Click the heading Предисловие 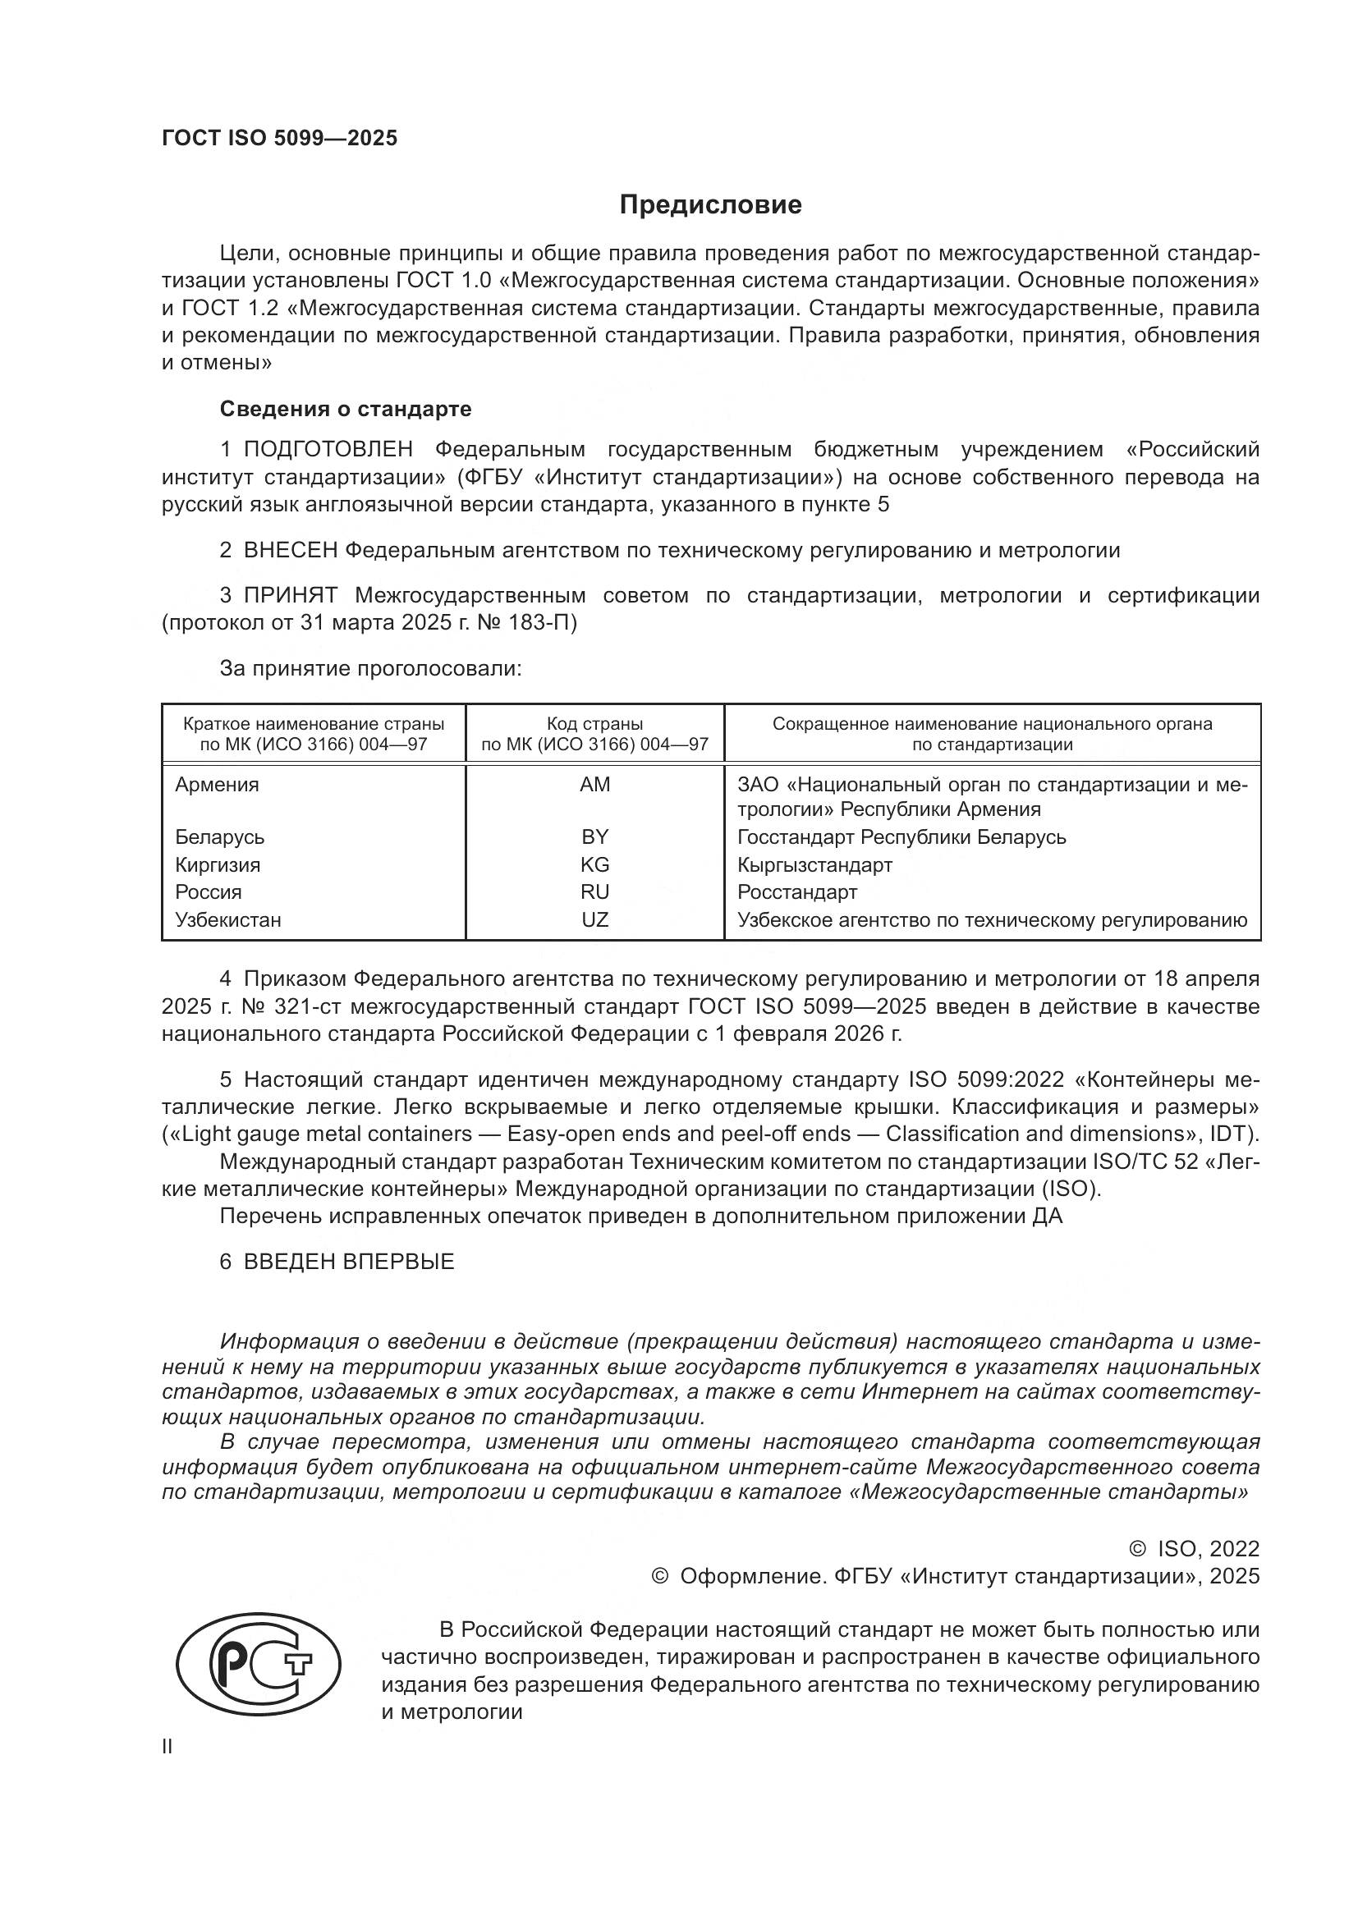710,205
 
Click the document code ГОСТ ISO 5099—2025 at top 279,139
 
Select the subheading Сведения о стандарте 346,409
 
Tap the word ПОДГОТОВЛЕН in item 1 328,450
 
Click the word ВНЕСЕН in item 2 290,550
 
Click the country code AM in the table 594,785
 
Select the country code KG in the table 594,864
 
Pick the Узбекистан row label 228,920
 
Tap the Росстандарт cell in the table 797,892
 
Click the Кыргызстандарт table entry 814,864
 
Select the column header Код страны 594,724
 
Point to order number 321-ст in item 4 307,1007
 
